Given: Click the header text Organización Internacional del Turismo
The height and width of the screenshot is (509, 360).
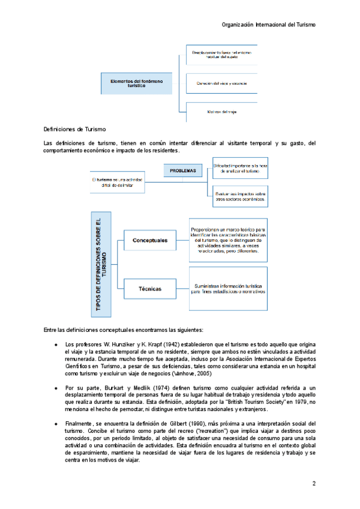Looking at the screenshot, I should click(x=268, y=25).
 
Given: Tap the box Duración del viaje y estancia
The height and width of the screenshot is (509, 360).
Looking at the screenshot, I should click(x=221, y=83).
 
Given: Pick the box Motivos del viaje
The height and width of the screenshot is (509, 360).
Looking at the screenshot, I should click(x=221, y=112).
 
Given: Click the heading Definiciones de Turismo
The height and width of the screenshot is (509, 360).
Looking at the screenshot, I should click(x=75, y=129).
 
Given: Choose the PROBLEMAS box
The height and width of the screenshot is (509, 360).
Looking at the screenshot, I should click(x=182, y=171).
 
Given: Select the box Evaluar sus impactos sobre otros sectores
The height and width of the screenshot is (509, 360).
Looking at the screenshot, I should click(x=240, y=196).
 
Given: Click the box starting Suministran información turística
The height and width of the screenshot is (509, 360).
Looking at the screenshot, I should click(x=227, y=289).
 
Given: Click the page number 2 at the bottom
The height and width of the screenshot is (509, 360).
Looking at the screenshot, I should click(x=313, y=483).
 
